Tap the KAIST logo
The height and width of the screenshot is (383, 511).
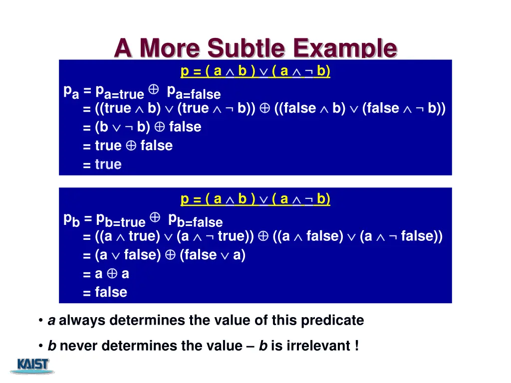pyautogui.click(x=33, y=366)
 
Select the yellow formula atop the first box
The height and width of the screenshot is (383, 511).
pyautogui.click(x=255, y=71)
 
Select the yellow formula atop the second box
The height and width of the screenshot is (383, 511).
pyautogui.click(x=255, y=199)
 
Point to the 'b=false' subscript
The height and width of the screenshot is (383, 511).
pyautogui.click(x=200, y=222)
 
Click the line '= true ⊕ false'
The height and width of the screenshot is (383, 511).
pyautogui.click(x=128, y=146)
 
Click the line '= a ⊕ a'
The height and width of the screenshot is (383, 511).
pyautogui.click(x=106, y=274)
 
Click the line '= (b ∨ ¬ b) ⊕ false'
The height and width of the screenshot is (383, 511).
pyautogui.click(x=142, y=127)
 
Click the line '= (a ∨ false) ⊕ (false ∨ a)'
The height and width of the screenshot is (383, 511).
pyautogui.click(x=164, y=255)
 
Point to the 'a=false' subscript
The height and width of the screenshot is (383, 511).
pyautogui.click(x=198, y=94)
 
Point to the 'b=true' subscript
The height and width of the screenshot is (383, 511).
pyautogui.click(x=125, y=222)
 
